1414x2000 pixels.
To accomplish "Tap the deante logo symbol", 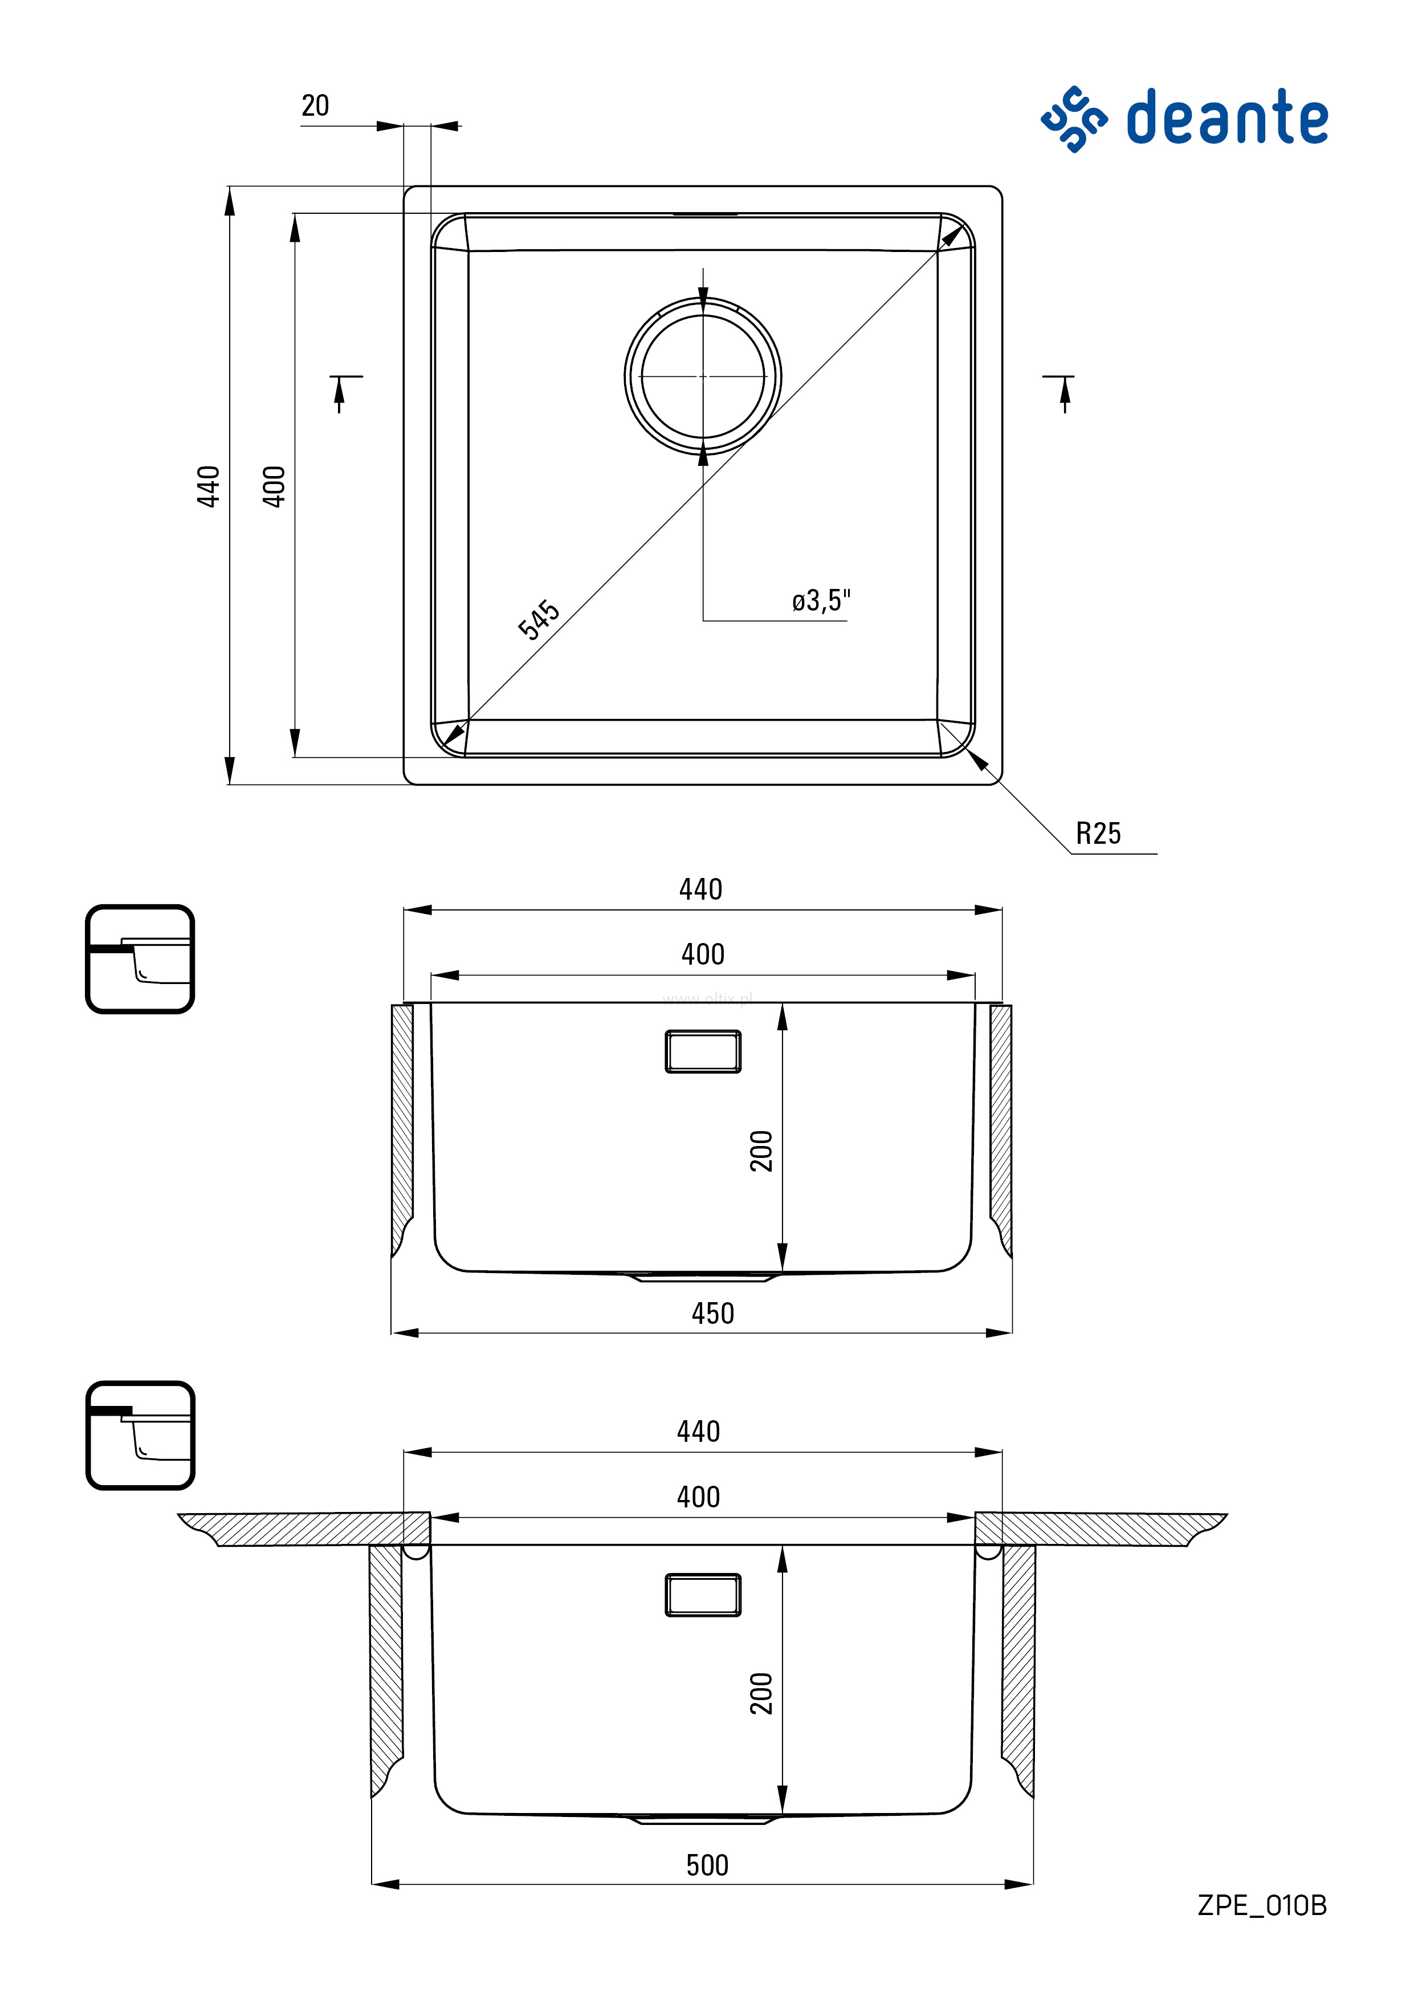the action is [x=1074, y=119].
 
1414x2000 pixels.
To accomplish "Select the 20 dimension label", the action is [x=315, y=105].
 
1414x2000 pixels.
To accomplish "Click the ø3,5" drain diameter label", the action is [x=821, y=600].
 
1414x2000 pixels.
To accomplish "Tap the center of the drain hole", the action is [x=703, y=376].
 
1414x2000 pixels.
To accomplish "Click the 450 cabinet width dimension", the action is [x=713, y=1313].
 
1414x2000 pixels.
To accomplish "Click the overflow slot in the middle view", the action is [x=703, y=1051].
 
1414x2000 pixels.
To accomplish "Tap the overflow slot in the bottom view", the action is [x=703, y=1595].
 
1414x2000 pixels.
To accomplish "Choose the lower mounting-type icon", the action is [x=140, y=1434].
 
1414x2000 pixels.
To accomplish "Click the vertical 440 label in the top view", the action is [x=208, y=486].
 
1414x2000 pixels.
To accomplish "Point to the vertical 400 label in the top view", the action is [x=274, y=486].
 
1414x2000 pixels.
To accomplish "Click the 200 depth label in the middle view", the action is [x=761, y=1151].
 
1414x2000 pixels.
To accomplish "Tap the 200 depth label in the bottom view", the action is [x=761, y=1693].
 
